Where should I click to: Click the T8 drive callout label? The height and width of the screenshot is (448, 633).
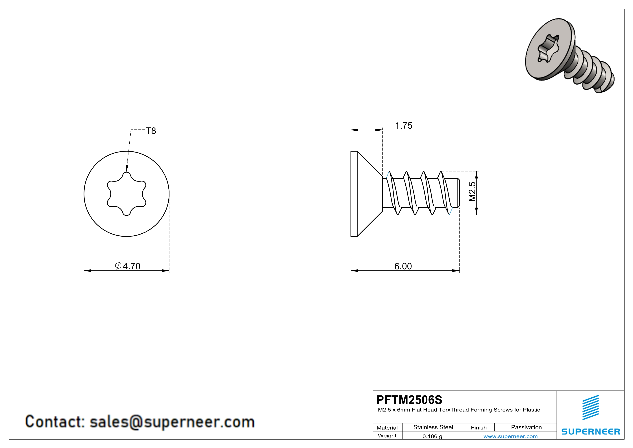pyautogui.click(x=151, y=131)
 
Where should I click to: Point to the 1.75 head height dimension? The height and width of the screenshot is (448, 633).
pyautogui.click(x=404, y=126)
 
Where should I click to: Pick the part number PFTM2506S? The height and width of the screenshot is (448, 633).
pyautogui.click(x=409, y=400)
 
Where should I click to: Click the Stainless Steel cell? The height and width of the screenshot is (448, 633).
pyautogui.click(x=433, y=427)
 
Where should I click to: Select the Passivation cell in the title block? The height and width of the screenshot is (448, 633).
pyautogui.click(x=526, y=427)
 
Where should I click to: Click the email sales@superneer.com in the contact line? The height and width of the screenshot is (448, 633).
pyautogui.click(x=172, y=422)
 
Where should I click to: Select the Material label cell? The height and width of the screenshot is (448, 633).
pyautogui.click(x=387, y=428)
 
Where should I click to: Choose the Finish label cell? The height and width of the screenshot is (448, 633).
pyautogui.click(x=479, y=428)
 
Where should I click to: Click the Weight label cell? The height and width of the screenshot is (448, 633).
pyautogui.click(x=387, y=436)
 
